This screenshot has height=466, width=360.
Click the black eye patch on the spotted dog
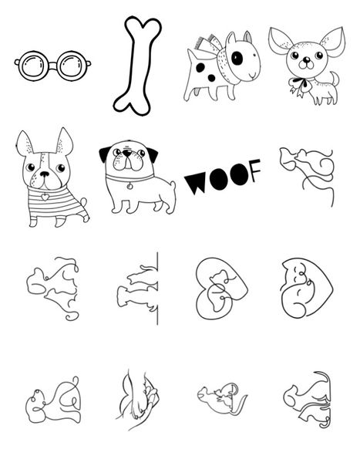[x=237, y=56]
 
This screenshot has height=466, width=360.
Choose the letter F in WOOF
[x=252, y=167]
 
